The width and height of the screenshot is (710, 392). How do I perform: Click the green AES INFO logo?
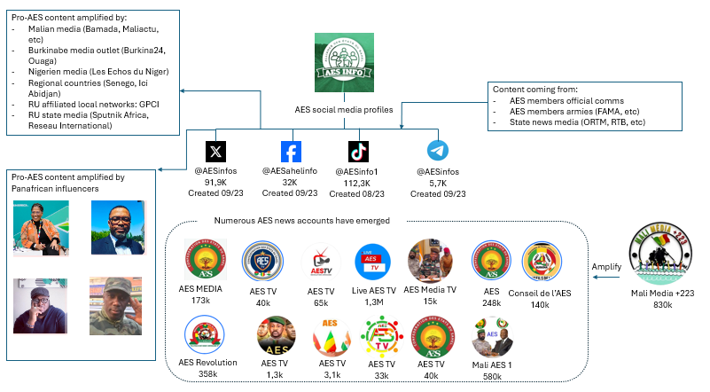(339, 61)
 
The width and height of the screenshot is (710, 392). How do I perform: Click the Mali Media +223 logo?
(662, 257)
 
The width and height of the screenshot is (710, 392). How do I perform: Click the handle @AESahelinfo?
(290, 170)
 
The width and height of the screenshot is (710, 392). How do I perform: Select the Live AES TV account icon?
(373, 260)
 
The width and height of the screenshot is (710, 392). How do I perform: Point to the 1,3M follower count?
(374, 302)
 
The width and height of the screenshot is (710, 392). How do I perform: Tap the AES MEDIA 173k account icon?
(205, 260)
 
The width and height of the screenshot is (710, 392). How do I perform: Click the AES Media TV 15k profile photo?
(430, 260)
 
